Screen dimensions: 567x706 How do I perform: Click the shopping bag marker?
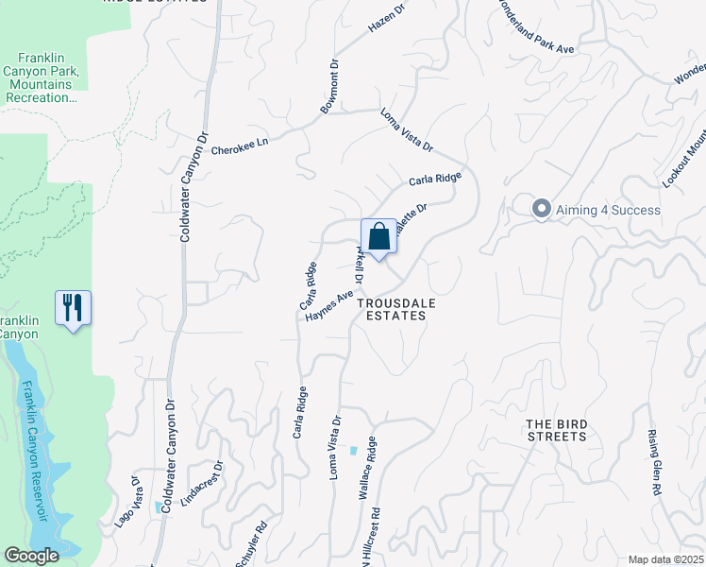click(378, 236)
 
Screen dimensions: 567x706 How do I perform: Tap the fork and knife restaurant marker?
click(73, 308)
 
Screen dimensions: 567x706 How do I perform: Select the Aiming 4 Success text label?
click(608, 209)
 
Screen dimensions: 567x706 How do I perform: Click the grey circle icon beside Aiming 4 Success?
click(541, 209)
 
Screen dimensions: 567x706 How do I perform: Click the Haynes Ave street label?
click(328, 305)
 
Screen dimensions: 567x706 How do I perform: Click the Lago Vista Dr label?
click(128, 501)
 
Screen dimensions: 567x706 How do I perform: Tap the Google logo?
click(31, 556)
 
